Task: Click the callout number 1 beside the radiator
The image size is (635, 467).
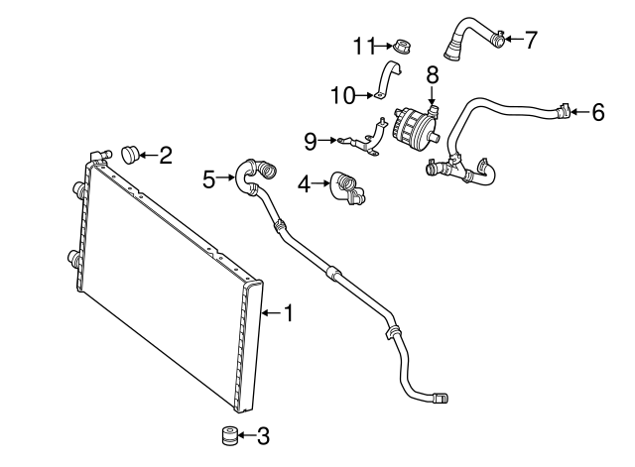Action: (289, 314)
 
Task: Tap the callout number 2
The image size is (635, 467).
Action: (166, 155)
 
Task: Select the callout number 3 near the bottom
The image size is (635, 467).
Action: (262, 434)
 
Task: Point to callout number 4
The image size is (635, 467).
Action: (305, 182)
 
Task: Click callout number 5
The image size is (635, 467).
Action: (209, 178)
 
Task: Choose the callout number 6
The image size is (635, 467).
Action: (597, 112)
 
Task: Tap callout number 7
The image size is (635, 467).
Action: (530, 40)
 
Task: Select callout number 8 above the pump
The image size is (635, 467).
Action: (433, 74)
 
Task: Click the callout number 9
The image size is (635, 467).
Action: (311, 142)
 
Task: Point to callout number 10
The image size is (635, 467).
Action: (342, 95)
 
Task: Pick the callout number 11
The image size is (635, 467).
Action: (364, 46)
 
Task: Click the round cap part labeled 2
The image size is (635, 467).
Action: (129, 154)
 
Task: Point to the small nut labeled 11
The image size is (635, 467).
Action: (403, 46)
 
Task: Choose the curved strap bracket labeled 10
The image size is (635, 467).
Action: (388, 80)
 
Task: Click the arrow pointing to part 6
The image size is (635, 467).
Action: (578, 112)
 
